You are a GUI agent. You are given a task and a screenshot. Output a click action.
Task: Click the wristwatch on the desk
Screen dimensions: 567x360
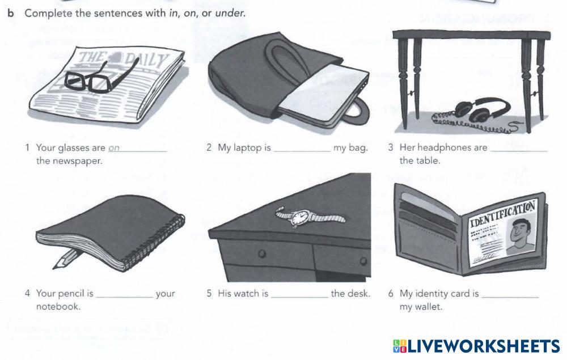click(x=309, y=217)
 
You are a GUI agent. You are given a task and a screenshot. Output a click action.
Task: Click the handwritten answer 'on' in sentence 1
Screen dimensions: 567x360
click(x=114, y=148)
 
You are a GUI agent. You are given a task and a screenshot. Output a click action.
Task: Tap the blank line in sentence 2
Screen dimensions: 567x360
click(x=302, y=151)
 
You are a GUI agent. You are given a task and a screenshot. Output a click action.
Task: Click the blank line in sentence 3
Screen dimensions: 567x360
click(x=519, y=151)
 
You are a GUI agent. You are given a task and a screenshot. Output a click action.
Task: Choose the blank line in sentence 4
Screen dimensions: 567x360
click(x=125, y=297)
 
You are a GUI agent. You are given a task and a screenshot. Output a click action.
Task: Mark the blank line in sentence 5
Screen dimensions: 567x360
click(x=299, y=297)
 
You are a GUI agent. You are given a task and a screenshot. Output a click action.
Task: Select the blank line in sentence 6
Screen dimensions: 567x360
click(x=510, y=297)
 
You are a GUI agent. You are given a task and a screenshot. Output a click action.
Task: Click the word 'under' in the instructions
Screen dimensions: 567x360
click(x=230, y=14)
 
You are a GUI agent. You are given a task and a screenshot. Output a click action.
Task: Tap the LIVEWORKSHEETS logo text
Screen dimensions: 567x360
click(x=484, y=346)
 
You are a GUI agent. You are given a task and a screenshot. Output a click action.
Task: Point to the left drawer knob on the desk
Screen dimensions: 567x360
click(x=262, y=253)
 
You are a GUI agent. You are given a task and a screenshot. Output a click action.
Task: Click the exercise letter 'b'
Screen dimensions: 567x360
click(x=11, y=13)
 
